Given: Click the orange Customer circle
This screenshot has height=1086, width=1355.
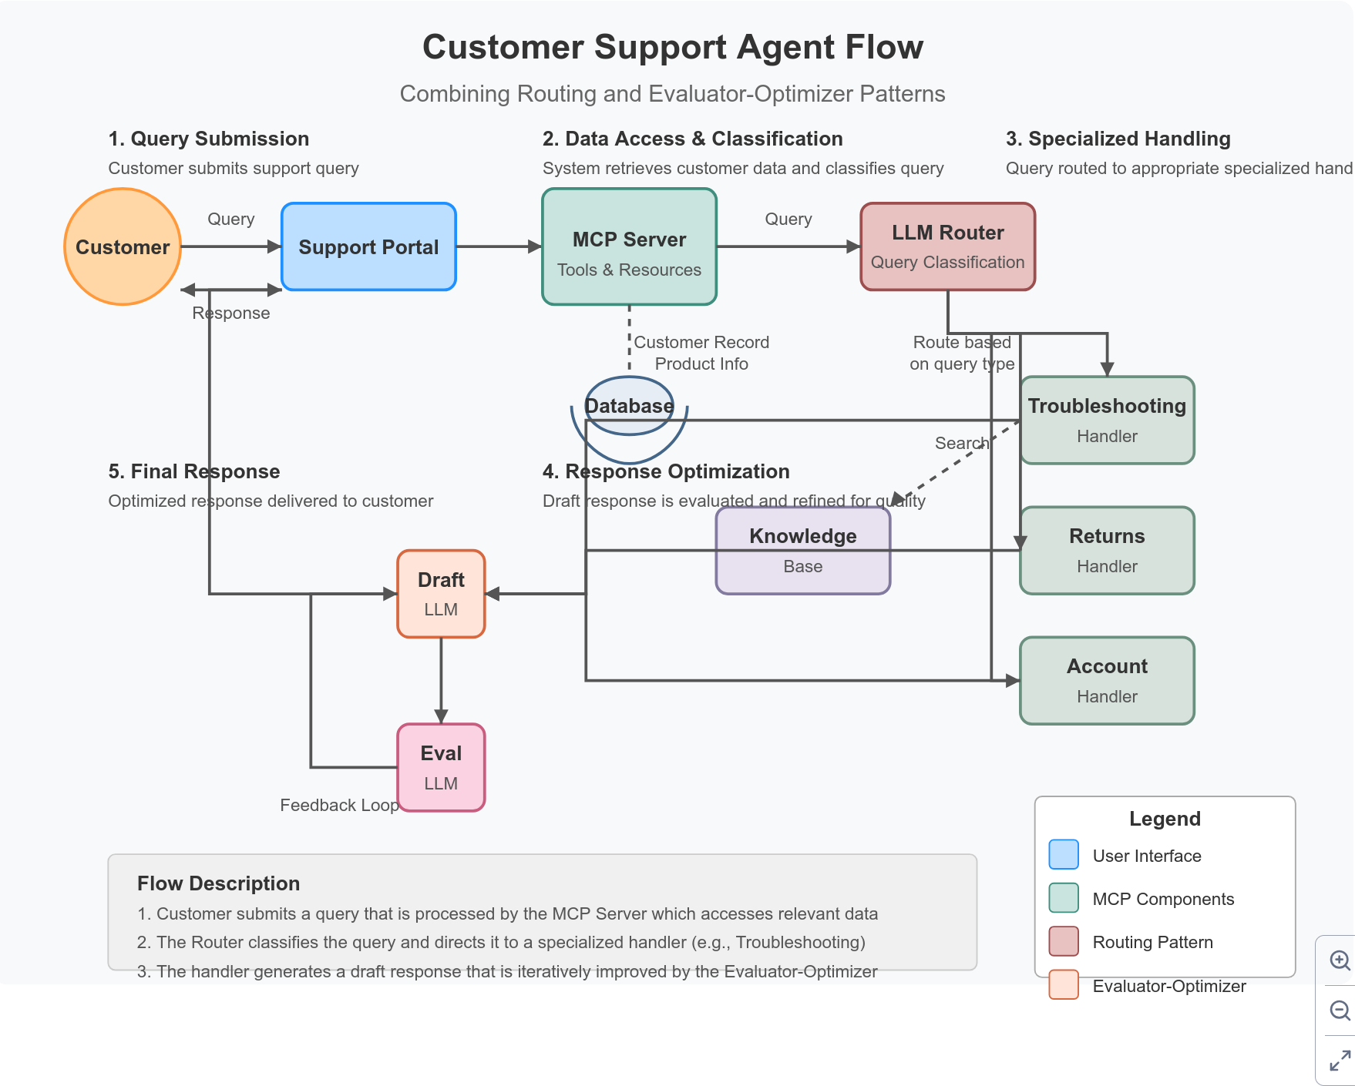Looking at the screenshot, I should click(123, 246).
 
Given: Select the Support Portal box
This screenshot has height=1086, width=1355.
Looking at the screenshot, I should click(368, 246).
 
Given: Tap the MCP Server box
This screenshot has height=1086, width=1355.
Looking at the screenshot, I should click(629, 246).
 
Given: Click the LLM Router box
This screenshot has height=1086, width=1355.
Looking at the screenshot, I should click(947, 246).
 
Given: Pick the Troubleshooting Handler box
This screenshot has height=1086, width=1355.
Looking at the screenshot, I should click(1107, 420).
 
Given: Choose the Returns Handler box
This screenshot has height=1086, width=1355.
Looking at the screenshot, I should click(1107, 550).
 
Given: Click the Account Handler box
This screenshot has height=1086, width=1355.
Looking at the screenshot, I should click(1107, 680).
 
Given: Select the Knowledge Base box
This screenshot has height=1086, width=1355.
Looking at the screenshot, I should click(802, 550).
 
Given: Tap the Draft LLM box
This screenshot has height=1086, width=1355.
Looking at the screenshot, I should click(441, 594).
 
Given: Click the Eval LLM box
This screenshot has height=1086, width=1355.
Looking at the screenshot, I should click(441, 767).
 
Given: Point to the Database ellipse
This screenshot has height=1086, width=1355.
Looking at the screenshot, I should click(629, 406).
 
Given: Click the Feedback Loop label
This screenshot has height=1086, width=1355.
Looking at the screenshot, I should click(339, 805).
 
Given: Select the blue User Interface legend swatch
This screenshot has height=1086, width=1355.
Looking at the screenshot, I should click(1064, 855).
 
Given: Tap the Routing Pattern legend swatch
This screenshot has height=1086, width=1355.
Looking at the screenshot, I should click(1064, 941).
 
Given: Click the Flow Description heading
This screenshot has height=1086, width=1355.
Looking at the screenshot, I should click(218, 883).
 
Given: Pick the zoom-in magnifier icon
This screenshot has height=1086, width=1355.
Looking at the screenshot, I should click(1340, 960).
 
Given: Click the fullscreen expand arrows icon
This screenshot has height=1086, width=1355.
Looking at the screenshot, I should click(1340, 1061).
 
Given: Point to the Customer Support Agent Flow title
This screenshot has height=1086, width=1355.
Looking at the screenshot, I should click(672, 47).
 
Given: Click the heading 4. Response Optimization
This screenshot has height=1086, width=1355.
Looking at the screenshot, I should click(666, 471).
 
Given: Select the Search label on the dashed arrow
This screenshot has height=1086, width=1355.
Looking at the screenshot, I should click(961, 443).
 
